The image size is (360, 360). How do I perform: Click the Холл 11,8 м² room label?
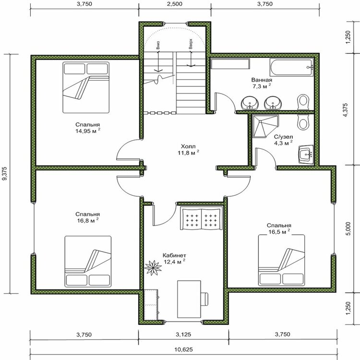tap(188, 149)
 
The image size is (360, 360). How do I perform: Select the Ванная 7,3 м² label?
tap(262, 83)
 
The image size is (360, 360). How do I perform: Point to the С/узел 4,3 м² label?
tap(283, 140)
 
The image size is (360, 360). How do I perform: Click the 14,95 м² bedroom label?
tap(88, 128)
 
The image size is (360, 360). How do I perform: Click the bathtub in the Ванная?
tap(291, 67)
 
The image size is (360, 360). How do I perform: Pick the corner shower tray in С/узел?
tap(265, 126)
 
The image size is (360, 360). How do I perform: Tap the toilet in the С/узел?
tap(303, 122)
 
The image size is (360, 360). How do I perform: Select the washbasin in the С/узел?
tap(306, 154)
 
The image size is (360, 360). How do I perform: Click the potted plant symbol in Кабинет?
tap(153, 267)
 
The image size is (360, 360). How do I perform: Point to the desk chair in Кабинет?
tap(204, 299)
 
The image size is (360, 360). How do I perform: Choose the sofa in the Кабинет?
tap(201, 218)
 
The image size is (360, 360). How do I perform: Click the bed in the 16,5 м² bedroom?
tap(281, 260)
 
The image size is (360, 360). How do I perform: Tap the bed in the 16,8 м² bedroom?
tap(88, 261)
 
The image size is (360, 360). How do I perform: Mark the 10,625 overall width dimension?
tap(184, 349)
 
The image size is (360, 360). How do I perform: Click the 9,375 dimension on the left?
tap(5, 173)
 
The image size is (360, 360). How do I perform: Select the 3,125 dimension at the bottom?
tap(183, 334)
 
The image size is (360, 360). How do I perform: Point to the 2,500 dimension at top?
tap(175, 4)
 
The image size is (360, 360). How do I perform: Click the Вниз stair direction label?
tap(158, 46)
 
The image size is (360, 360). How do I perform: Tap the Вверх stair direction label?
tap(191, 44)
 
